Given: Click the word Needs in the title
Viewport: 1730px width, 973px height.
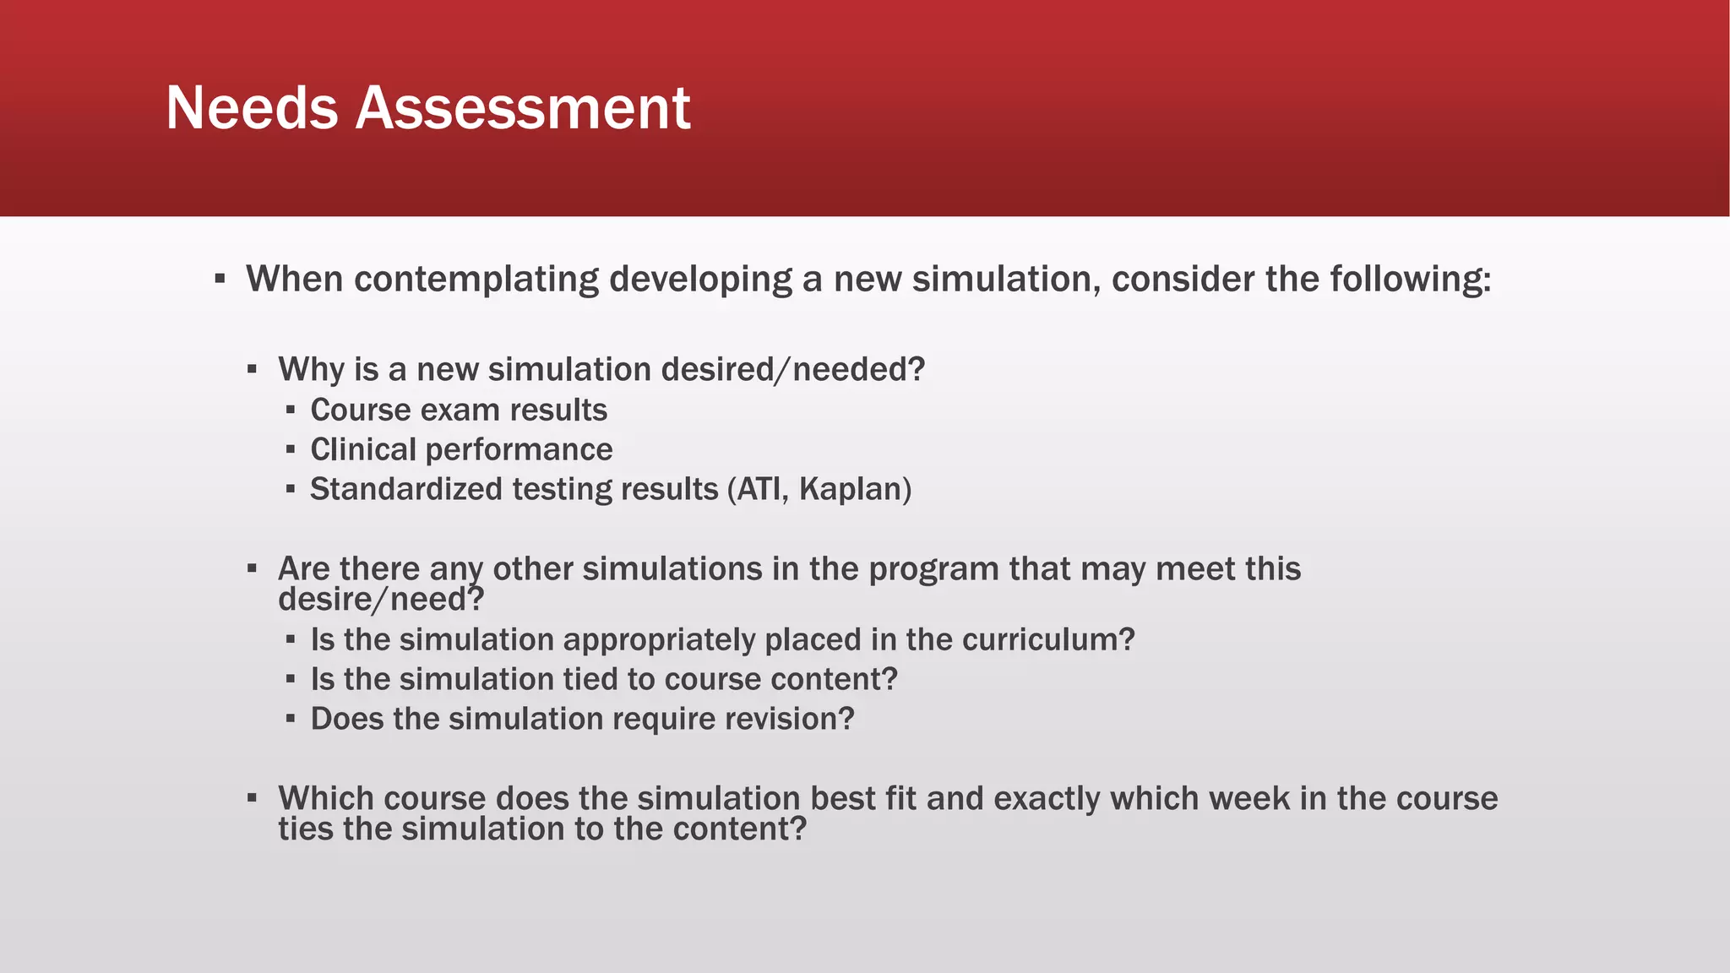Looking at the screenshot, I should pos(252,108).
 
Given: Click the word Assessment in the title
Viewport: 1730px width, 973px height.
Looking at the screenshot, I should pos(523,108).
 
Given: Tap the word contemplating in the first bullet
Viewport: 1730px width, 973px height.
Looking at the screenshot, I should pos(476,280).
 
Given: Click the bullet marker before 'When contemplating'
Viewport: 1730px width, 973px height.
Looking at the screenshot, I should pos(220,278).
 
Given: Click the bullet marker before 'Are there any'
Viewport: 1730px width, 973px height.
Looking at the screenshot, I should pos(252,568).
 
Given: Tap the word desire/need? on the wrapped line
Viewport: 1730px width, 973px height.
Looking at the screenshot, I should pos(381,600).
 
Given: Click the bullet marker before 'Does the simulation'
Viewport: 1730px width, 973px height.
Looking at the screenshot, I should pos(291,719).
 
